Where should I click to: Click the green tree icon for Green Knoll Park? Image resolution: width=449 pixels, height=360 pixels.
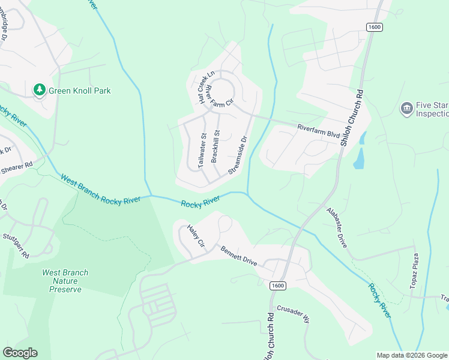pos(40,90)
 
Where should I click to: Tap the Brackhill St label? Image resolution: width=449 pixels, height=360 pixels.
pos(215,146)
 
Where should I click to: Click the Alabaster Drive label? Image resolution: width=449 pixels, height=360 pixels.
pos(337,224)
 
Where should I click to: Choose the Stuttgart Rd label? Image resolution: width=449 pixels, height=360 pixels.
pos(16,246)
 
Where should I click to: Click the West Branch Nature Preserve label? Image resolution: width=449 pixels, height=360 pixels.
pos(65,281)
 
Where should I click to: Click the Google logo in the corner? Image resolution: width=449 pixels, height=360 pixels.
pos(20,353)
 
